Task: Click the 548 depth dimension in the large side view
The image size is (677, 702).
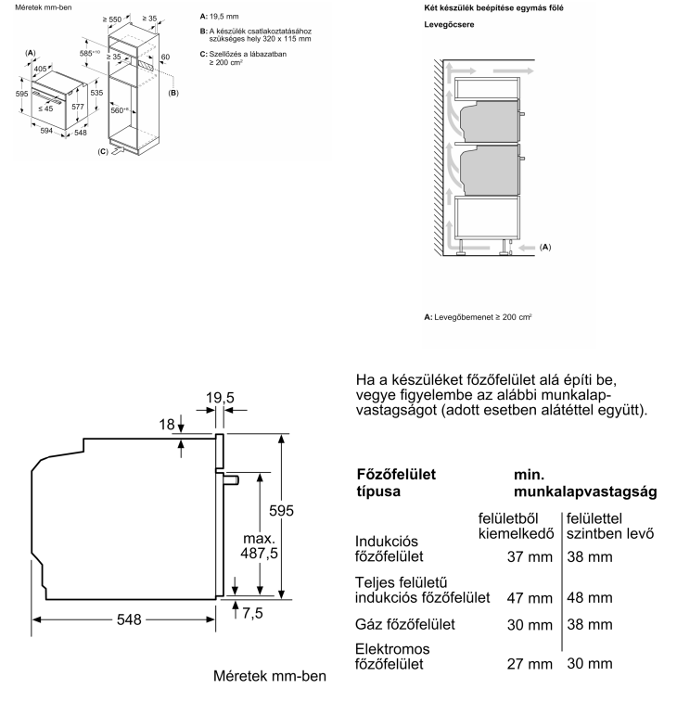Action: tap(129, 619)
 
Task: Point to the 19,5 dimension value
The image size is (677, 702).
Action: tap(220, 398)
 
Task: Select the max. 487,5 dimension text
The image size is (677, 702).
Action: tap(259, 546)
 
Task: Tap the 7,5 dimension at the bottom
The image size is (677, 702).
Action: tap(252, 613)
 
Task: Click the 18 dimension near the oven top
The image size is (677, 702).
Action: tap(167, 424)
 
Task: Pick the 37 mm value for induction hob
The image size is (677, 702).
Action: tap(530, 557)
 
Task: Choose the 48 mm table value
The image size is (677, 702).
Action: tap(590, 598)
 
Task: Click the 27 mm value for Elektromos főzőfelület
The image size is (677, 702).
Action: tap(530, 664)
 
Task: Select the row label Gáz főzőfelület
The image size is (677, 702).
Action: tap(404, 624)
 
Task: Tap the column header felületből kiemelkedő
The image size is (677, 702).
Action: tap(516, 526)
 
